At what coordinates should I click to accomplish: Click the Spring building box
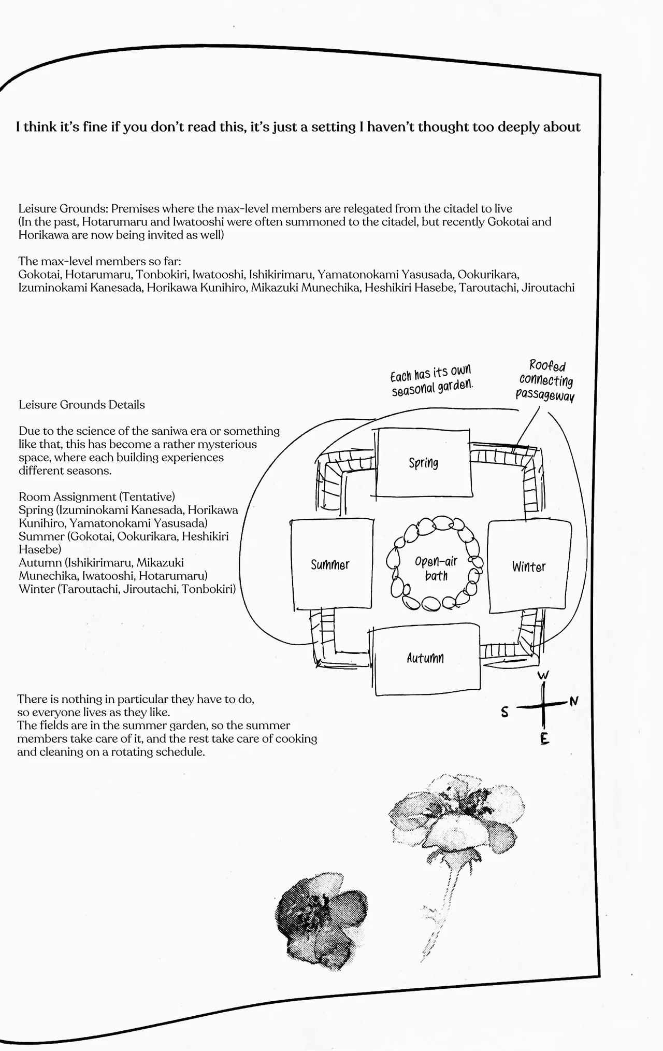point(424,462)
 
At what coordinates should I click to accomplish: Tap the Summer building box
point(331,564)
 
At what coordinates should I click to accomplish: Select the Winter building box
point(529,566)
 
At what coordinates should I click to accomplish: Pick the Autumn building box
point(426,659)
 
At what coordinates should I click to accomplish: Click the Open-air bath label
point(436,569)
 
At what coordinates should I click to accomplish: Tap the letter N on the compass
point(573,702)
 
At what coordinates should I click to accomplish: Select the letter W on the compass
point(543,675)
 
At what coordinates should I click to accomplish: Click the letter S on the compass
point(505,712)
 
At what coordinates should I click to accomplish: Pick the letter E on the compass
point(544,739)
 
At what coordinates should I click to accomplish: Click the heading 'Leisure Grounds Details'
point(82,405)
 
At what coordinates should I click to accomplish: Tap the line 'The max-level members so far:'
point(99,261)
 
